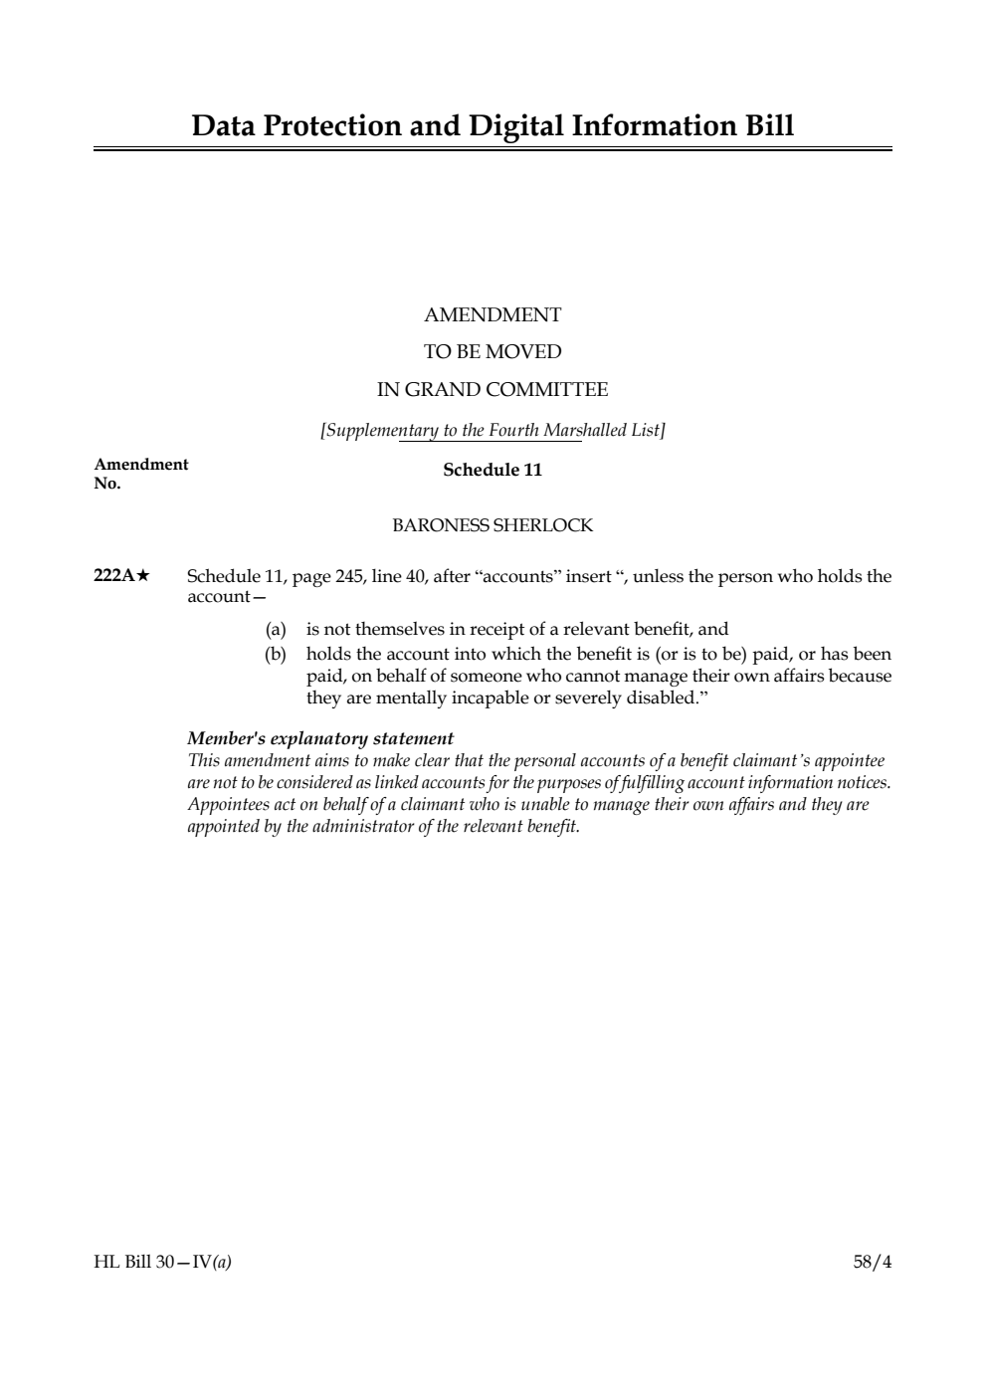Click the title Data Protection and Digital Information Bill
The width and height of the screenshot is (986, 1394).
coord(493,126)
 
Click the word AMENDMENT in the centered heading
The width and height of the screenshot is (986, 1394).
coord(493,315)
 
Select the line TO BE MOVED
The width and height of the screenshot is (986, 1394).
coord(493,352)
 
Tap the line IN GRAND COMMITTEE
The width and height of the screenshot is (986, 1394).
coord(493,389)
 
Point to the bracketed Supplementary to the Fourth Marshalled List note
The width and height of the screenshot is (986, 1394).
coord(493,430)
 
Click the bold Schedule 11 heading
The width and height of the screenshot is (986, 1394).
coord(493,470)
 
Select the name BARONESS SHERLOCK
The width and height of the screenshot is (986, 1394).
coord(493,525)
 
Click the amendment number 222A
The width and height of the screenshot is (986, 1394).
coord(113,576)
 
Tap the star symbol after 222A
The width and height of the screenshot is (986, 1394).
coord(143,576)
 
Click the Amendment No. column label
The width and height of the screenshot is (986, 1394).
coord(140,474)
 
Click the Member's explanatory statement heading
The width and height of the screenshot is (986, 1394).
coord(320,738)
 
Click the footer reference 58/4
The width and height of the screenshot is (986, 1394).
coord(873,1263)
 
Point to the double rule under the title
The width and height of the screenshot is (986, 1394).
coord(493,149)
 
